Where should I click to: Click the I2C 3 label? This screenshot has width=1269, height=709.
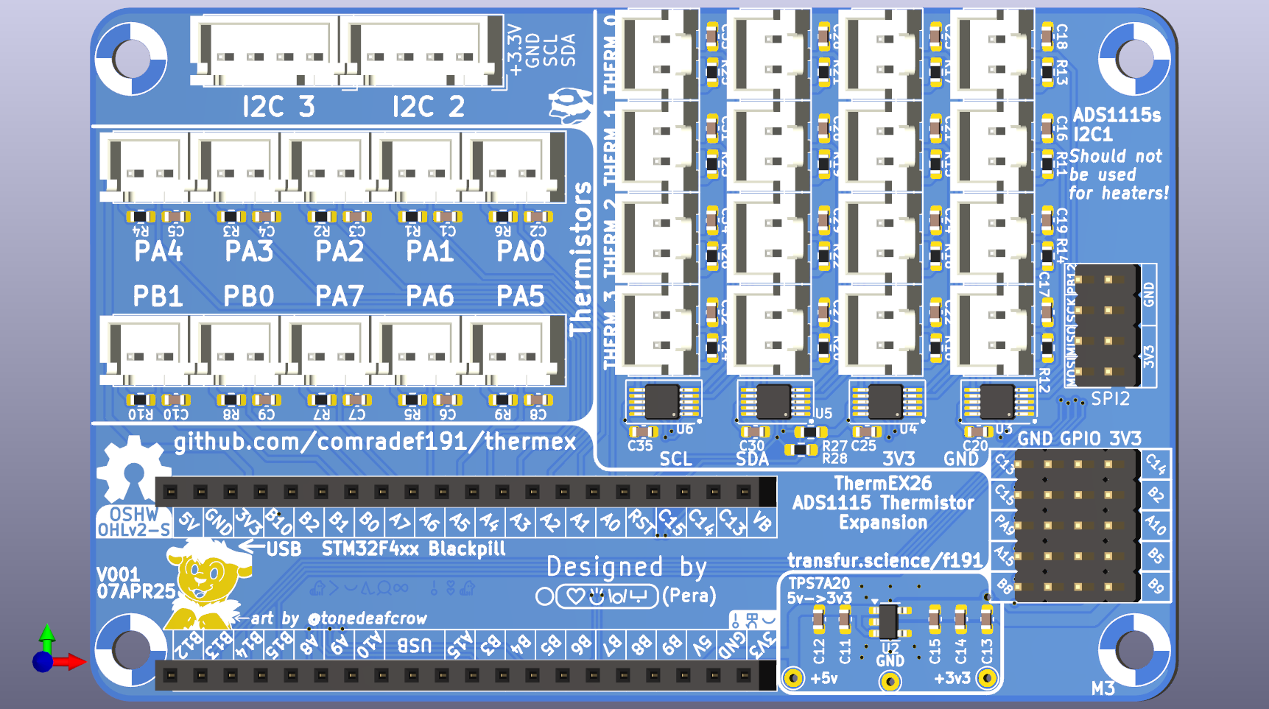point(278,107)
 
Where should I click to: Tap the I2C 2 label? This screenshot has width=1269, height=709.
point(428,107)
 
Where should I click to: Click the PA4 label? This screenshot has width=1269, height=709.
point(158,252)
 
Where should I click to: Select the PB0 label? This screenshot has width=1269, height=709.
point(249,297)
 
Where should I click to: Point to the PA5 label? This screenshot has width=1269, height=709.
point(520,297)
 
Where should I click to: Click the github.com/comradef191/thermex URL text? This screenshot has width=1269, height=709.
point(375,441)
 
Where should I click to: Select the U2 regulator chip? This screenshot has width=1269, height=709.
point(888,621)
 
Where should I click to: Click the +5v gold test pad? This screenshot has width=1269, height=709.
point(793,678)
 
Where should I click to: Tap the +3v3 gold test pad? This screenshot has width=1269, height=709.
point(987,678)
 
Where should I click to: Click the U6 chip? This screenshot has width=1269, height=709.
point(661,402)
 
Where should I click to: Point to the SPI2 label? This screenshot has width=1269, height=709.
point(1110,399)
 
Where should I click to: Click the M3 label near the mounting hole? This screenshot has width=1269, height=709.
point(1103,688)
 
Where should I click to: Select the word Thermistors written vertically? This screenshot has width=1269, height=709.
point(581,258)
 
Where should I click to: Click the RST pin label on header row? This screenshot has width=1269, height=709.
point(641,523)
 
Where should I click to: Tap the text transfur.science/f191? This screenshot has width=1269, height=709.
point(885,561)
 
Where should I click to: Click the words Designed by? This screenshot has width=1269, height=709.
point(626,567)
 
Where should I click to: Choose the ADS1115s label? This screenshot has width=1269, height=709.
point(1117,115)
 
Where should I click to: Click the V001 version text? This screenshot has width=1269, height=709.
point(118,574)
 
